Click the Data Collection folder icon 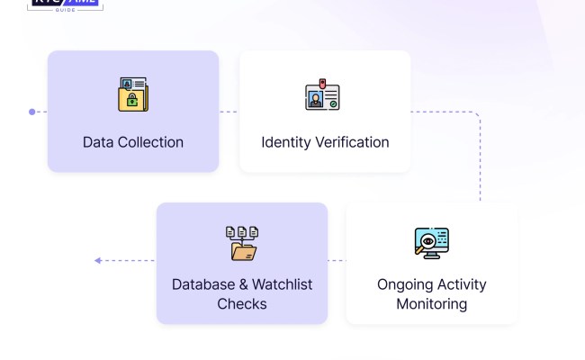133,94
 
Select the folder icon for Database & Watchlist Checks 242,244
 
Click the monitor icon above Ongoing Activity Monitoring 431,244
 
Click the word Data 99,142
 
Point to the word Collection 151,142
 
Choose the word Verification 353,142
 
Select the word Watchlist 282,284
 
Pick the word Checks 242,304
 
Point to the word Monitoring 432,304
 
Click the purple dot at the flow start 32,112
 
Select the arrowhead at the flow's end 97,261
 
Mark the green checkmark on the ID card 333,103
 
